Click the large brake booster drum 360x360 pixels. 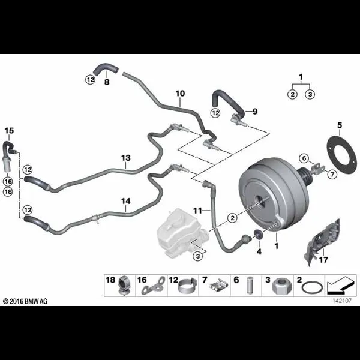[x=273, y=195]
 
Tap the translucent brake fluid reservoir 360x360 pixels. [x=181, y=232]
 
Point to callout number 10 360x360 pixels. [x=180, y=94]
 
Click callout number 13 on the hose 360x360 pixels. [x=126, y=158]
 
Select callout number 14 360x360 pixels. [x=126, y=201]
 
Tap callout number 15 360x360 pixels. [x=9, y=131]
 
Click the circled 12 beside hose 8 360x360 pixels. [x=91, y=80]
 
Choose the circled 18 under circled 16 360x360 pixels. [x=8, y=191]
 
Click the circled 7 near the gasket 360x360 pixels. [x=332, y=174]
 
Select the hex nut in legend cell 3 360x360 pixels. [x=280, y=286]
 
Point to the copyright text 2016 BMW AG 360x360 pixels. [x=25, y=301]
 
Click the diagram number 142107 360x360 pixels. [x=342, y=301]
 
